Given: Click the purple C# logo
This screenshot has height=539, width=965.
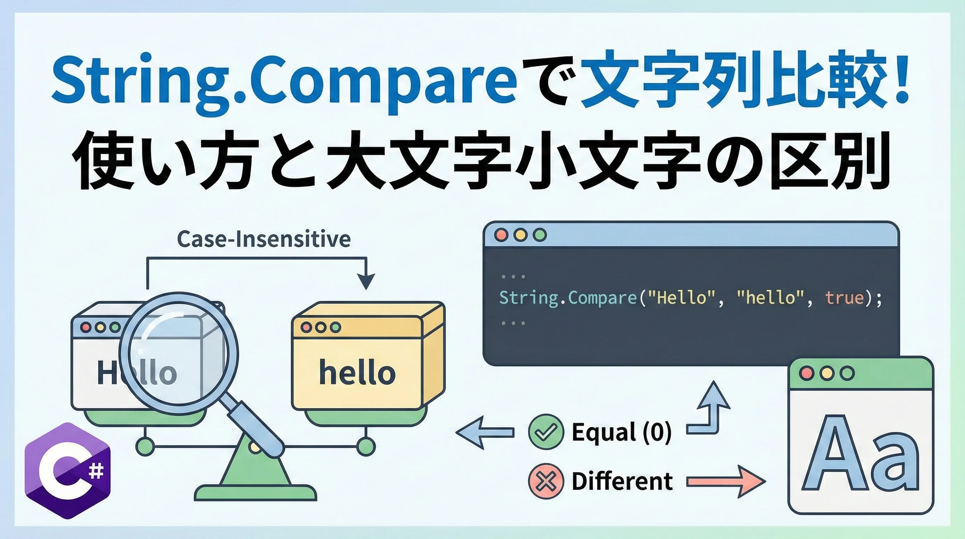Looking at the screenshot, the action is point(68,471).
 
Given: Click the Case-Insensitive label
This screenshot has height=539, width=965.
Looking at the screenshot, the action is point(264,239).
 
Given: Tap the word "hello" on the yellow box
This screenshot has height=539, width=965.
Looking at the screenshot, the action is point(357,372).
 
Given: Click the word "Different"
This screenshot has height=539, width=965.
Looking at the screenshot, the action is point(622,481).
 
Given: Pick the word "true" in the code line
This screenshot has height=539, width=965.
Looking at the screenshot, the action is point(844,298).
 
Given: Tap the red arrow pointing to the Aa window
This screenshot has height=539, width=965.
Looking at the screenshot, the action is point(726,482).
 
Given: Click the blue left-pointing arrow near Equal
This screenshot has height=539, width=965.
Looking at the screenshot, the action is point(485,432).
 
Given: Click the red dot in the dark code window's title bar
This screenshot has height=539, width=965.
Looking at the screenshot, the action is point(501,235).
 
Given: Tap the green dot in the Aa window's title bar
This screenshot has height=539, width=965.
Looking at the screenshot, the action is point(847,373).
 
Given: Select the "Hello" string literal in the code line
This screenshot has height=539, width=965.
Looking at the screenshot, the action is point(679,298).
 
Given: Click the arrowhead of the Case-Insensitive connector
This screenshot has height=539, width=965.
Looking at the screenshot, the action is point(366,281).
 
